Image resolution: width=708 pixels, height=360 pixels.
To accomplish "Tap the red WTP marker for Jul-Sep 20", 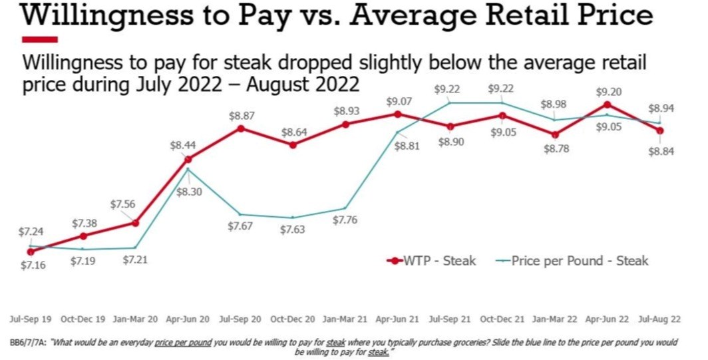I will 241,128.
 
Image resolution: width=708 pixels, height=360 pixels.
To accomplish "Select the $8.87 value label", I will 242,115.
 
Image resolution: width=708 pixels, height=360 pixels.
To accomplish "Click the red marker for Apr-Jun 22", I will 607,104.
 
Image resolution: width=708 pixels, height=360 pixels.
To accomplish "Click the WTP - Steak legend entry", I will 432,260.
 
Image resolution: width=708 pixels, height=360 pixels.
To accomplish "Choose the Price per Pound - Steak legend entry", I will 572,260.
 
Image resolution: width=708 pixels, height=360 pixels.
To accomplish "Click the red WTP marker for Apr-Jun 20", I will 188,159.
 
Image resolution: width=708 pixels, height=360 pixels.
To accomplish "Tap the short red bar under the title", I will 40,39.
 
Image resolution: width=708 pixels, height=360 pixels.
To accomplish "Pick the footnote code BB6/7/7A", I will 29,342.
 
